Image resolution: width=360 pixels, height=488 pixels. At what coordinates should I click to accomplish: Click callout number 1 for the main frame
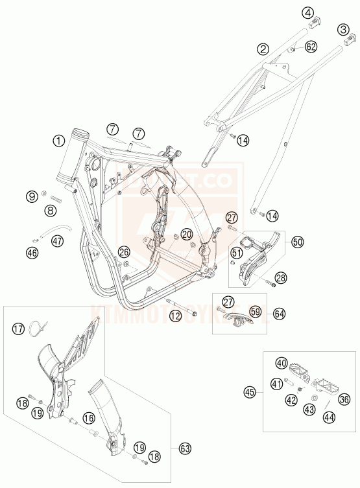(x=58, y=139)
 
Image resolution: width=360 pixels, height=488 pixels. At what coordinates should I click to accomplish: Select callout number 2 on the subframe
(x=262, y=48)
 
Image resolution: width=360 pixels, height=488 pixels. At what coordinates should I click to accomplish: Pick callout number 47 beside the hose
(x=58, y=241)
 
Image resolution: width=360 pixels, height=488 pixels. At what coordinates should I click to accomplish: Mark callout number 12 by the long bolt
(x=174, y=316)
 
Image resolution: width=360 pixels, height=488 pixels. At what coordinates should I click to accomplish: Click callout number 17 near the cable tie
(x=19, y=330)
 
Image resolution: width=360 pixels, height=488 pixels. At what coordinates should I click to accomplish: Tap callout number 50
(x=298, y=242)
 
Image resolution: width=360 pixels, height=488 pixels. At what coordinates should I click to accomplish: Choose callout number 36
(x=345, y=399)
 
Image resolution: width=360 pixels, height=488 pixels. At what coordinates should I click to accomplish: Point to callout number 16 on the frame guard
(x=88, y=417)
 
